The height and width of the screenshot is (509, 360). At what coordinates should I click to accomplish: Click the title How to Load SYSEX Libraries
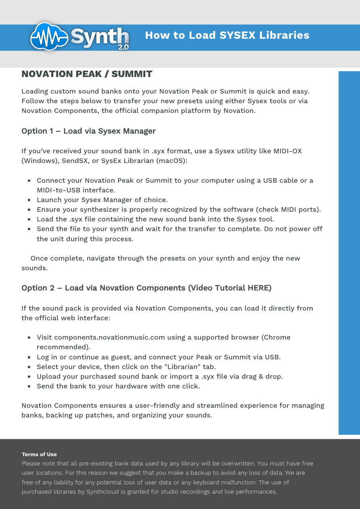227,35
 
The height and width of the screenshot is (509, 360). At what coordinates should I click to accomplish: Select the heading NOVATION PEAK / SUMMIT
87,74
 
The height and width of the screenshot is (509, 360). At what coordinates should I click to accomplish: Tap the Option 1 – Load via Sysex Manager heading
88,131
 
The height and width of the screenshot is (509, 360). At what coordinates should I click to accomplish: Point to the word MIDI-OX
287,151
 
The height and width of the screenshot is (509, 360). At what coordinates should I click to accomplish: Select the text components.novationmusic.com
109,338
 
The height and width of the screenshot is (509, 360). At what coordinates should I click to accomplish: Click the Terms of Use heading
39,455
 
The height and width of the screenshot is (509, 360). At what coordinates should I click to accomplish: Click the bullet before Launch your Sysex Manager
29,200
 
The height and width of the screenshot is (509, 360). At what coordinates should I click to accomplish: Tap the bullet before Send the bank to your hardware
29,386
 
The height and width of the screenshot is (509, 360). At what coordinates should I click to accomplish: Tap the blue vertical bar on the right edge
349,253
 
